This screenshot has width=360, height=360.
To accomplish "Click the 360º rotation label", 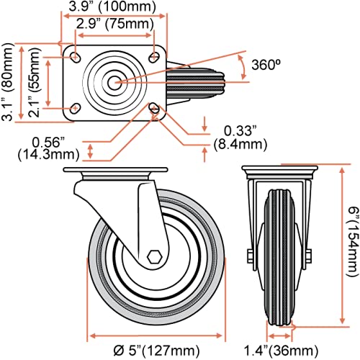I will [x=266, y=64].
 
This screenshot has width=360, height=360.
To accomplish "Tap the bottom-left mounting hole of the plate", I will [x=75, y=109].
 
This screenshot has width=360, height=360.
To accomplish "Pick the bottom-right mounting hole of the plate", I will [x=155, y=109].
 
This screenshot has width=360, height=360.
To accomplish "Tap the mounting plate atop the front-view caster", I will [x=276, y=170].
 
